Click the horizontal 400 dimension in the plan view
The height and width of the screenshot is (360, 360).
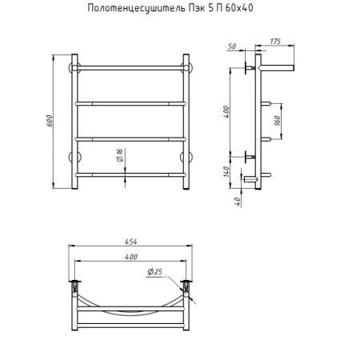132,257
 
